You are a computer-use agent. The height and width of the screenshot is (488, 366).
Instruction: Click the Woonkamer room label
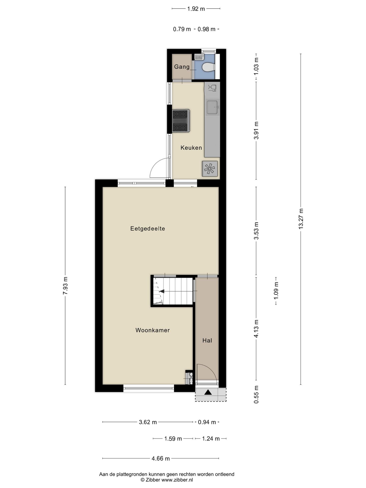click(152, 330)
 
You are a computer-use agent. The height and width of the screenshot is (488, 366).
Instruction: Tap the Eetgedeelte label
click(148, 228)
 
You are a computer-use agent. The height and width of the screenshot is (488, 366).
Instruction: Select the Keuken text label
click(191, 148)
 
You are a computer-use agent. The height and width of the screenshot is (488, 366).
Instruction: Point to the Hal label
click(207, 341)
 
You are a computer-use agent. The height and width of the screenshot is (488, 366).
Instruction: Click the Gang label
click(182, 67)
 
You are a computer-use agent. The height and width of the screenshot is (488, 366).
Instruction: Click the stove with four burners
click(181, 121)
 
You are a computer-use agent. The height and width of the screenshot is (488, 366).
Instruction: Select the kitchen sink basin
click(212, 107)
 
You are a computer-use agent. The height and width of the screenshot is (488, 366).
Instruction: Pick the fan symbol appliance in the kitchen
click(210, 169)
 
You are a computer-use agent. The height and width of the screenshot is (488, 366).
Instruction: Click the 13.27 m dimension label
click(301, 219)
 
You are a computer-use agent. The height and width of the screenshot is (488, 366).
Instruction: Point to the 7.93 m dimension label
click(65, 286)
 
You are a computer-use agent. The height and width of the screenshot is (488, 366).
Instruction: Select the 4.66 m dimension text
click(161, 459)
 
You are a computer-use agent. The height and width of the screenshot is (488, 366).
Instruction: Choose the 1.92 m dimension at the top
click(196, 9)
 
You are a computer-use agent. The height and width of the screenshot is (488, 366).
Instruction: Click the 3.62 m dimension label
click(148, 422)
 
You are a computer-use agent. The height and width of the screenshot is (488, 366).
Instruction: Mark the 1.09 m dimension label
click(276, 290)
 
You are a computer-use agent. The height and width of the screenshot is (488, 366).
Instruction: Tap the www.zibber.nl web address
click(177, 480)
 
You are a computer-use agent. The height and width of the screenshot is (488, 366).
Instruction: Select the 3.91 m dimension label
click(256, 130)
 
